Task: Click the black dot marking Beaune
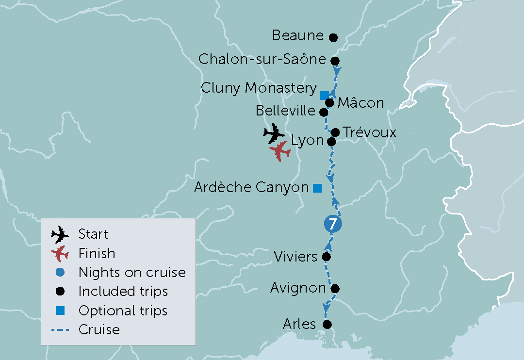[333, 37]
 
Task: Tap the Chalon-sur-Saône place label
[262, 60]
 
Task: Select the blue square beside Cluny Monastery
[324, 95]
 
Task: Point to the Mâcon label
[360, 103]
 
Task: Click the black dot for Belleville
[324, 112]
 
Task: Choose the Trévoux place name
[369, 132]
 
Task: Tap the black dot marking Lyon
[331, 142]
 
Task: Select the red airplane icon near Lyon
[280, 151]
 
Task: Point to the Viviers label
[295, 256]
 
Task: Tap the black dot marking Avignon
[334, 289]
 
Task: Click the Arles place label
[299, 324]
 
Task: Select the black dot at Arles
[327, 324]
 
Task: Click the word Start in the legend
[93, 234]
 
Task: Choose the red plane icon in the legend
[60, 253]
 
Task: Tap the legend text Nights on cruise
[132, 272]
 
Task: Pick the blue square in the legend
[60, 311]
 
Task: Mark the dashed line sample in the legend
[60, 330]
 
